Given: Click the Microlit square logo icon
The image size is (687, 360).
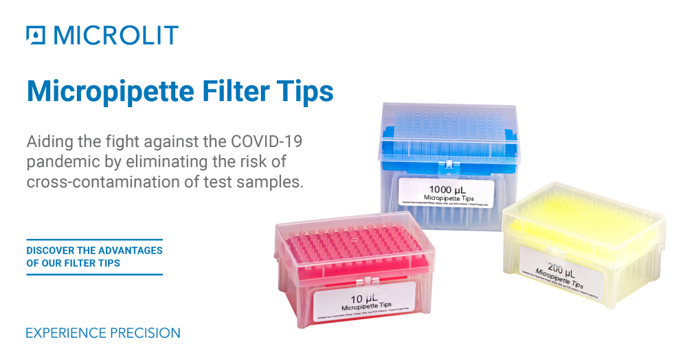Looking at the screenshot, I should click(x=36, y=35).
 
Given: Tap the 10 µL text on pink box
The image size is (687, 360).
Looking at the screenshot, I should click(x=362, y=299).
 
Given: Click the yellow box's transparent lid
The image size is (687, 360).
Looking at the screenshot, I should click(x=584, y=206).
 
